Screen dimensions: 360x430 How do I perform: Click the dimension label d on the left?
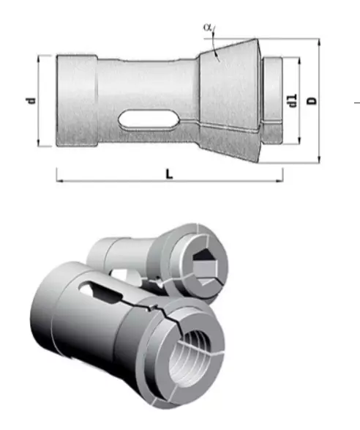point(31,100)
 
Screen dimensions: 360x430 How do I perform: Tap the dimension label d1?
point(292,100)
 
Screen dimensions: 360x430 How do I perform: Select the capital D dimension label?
point(312,100)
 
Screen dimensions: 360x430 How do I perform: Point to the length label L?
point(170,174)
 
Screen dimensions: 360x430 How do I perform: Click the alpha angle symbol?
point(207,27)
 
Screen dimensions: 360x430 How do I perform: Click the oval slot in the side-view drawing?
point(149,119)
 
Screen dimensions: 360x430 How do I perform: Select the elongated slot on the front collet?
point(100,292)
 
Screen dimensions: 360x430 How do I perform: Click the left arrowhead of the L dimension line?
point(59,181)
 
